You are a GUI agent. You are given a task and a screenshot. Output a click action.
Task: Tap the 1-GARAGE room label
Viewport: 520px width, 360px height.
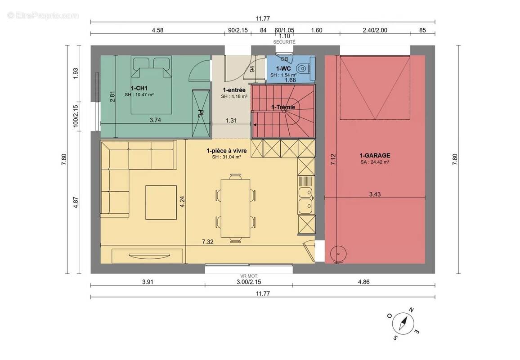[x=375, y=155]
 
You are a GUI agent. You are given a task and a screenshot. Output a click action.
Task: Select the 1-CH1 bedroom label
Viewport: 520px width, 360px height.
[x=139, y=88]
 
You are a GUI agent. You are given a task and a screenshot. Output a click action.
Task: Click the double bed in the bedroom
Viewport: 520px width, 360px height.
[x=152, y=85]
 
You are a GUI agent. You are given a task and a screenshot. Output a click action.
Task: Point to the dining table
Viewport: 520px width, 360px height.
[x=235, y=208]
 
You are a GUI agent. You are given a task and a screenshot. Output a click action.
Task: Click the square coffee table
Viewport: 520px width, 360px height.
[x=161, y=202]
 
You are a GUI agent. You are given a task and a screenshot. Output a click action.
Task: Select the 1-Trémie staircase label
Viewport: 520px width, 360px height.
[x=283, y=107]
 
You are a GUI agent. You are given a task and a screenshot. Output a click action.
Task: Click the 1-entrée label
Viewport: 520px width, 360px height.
[x=234, y=90]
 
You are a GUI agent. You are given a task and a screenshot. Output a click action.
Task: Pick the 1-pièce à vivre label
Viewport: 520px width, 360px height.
[x=227, y=151]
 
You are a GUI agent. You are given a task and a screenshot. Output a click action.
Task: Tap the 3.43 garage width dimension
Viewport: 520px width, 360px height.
[x=375, y=194]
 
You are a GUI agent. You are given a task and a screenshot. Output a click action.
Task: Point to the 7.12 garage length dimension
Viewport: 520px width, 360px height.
[x=333, y=159]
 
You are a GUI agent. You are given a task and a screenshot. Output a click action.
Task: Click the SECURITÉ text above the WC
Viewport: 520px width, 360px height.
[x=284, y=42]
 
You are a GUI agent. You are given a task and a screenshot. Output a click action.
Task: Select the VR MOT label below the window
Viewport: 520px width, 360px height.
[x=249, y=276]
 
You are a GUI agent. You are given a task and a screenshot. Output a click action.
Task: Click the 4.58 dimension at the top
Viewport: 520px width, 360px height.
[x=157, y=30]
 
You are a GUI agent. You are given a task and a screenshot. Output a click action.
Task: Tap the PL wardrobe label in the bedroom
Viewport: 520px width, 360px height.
[x=201, y=113]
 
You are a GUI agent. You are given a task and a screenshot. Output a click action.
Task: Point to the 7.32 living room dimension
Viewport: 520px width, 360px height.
[x=208, y=242]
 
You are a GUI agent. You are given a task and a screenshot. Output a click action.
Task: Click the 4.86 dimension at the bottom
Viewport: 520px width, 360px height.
[x=363, y=282]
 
